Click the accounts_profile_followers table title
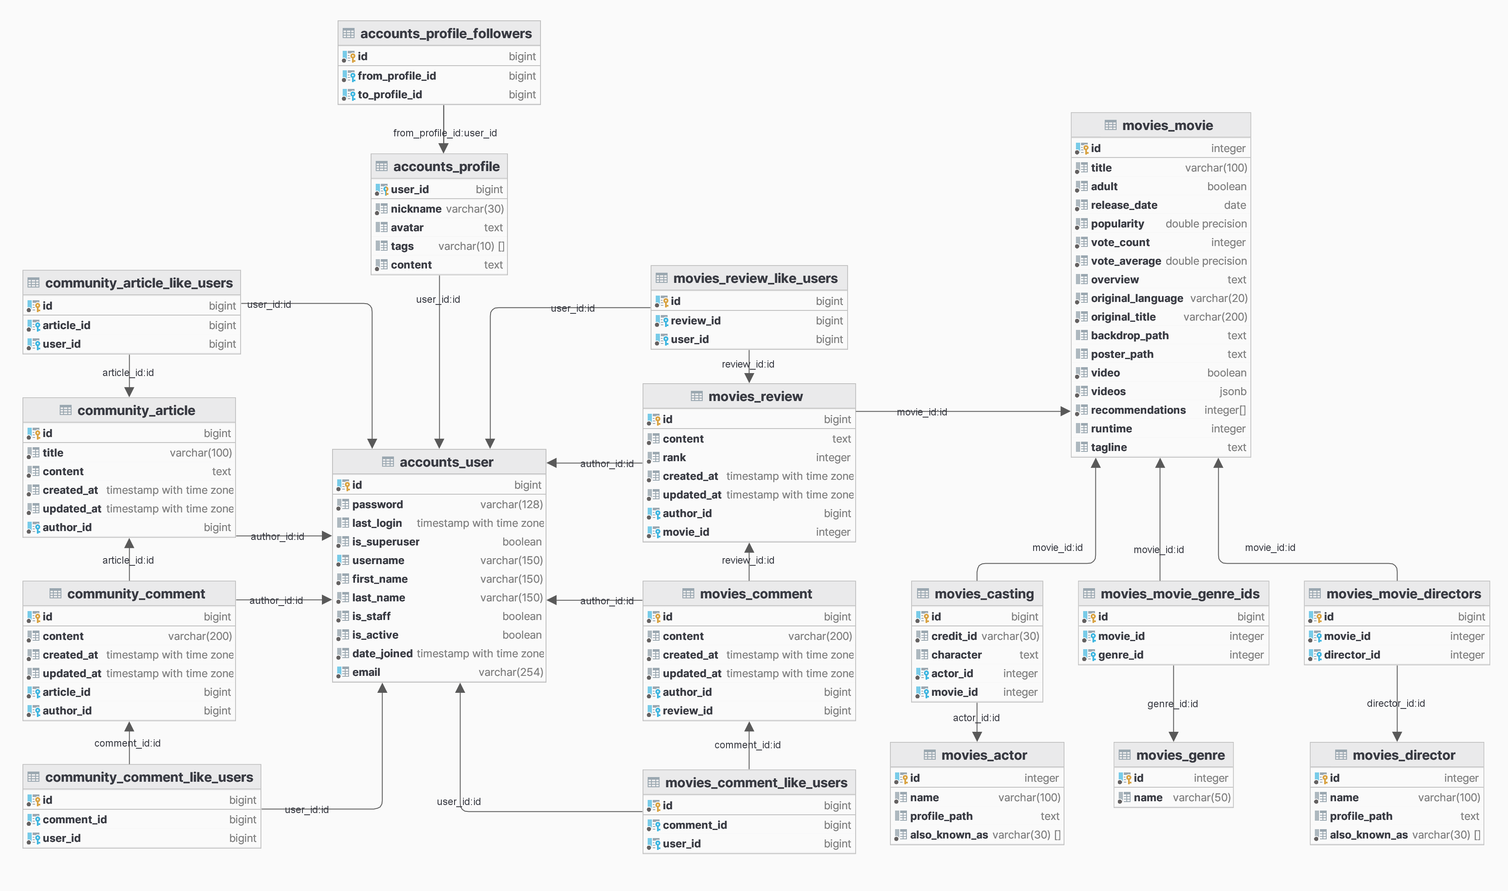(x=446, y=33)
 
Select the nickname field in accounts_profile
(x=416, y=209)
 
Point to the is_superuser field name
(x=385, y=542)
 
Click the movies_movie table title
(x=1167, y=125)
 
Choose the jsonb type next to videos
(x=1232, y=391)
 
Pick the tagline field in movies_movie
(x=1108, y=447)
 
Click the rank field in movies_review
(x=674, y=457)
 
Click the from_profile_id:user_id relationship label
(x=444, y=133)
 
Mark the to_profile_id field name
(x=390, y=95)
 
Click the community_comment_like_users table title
(x=149, y=777)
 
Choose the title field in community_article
(x=53, y=453)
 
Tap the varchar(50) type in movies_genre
(x=1201, y=797)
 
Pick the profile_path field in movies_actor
(x=940, y=816)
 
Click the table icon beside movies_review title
(x=696, y=396)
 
